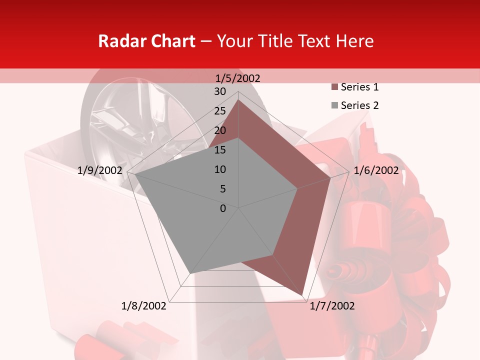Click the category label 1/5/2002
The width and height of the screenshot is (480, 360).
pyautogui.click(x=238, y=78)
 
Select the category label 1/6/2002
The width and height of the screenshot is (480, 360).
pyautogui.click(x=376, y=170)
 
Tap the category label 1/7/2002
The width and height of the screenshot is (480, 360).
pyautogui.click(x=332, y=306)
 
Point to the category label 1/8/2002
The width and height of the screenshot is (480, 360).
pyautogui.click(x=144, y=306)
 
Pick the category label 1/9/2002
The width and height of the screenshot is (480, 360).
pyautogui.click(x=100, y=170)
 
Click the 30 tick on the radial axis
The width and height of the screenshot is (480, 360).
pyautogui.click(x=220, y=91)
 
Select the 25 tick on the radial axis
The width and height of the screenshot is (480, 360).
pyautogui.click(x=220, y=111)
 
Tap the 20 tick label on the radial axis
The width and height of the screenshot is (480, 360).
pyautogui.click(x=220, y=130)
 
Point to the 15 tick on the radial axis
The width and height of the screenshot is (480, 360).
pyautogui.click(x=220, y=150)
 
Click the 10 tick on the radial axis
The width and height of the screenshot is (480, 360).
pyautogui.click(x=220, y=169)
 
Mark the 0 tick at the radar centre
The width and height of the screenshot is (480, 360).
pyautogui.click(x=223, y=208)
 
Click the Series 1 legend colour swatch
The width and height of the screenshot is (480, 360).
pyautogui.click(x=334, y=87)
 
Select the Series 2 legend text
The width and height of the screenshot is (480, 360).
pyautogui.click(x=359, y=105)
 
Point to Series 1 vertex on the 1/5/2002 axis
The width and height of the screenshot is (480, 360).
pyautogui.click(x=238, y=99)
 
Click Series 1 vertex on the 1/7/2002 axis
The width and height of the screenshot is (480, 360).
pyautogui.click(x=302, y=295)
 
